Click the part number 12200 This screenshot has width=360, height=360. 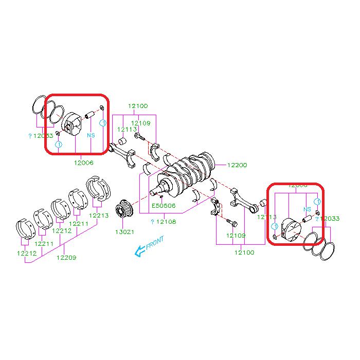[237, 165]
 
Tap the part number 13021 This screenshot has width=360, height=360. [124, 231]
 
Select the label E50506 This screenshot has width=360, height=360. [164, 206]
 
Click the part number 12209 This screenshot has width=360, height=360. [66, 257]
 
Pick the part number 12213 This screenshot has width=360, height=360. [99, 215]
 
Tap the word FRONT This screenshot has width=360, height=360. [155, 243]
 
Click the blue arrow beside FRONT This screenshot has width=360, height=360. [138, 251]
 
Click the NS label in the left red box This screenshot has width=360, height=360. [91, 135]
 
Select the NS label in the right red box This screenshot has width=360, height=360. [307, 209]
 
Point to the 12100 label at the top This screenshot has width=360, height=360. [138, 106]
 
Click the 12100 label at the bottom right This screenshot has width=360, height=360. [244, 253]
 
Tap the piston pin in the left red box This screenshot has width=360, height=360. [90, 113]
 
